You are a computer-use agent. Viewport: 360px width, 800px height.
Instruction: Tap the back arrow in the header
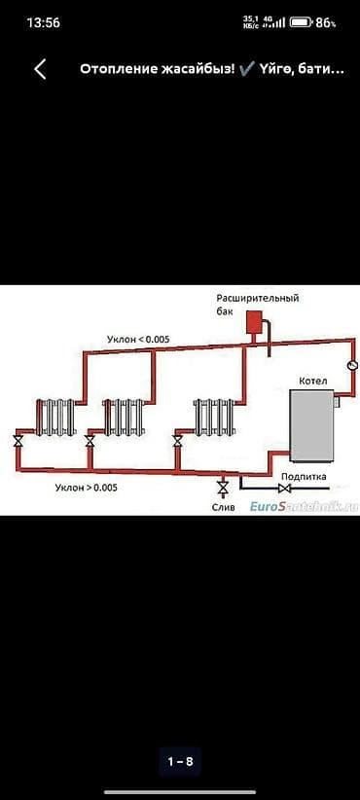(x=40, y=69)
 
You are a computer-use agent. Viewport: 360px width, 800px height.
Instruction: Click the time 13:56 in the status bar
(x=44, y=23)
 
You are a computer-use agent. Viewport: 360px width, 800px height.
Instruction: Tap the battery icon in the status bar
(x=301, y=22)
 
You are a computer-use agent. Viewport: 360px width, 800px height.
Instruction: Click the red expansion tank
(x=253, y=322)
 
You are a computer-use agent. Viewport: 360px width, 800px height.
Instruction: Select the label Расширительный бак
(x=258, y=304)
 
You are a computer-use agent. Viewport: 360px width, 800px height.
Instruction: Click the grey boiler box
(x=311, y=425)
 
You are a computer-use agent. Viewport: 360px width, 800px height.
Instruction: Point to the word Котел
(x=313, y=381)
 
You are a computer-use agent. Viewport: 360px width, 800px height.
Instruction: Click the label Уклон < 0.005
(x=138, y=340)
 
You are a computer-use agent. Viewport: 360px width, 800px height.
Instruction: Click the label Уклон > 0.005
(x=87, y=488)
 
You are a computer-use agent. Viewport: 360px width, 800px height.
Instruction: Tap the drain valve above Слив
(x=222, y=488)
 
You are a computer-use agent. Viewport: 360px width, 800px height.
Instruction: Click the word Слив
(x=224, y=508)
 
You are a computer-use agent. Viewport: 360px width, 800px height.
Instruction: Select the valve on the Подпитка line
(x=284, y=489)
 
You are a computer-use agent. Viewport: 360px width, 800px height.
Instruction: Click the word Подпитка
(x=304, y=476)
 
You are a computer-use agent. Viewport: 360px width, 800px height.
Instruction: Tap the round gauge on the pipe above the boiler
(x=352, y=365)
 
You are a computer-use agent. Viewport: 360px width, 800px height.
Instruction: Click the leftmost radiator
(x=55, y=418)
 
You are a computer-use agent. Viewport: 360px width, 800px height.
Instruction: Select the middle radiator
(x=123, y=418)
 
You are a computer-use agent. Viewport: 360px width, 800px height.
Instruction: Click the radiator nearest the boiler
(x=214, y=418)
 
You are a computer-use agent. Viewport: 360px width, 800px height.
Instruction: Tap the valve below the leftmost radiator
(x=18, y=441)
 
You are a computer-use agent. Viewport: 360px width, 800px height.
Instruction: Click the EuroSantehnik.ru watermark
(x=304, y=507)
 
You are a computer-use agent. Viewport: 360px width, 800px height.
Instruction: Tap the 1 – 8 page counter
(x=181, y=762)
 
